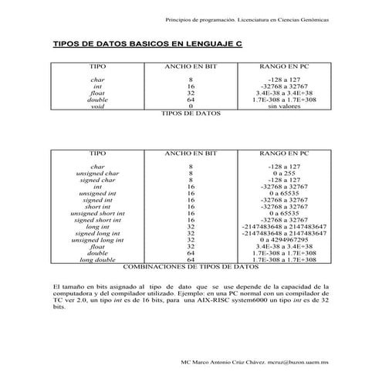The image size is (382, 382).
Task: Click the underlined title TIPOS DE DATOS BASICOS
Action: click(x=146, y=46)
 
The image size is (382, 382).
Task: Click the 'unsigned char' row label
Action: click(x=98, y=174)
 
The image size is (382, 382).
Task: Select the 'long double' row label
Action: click(x=98, y=259)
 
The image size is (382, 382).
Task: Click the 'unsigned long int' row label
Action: click(x=98, y=239)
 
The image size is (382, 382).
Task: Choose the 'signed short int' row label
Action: click(x=98, y=219)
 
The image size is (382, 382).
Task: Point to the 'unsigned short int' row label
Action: click(x=98, y=213)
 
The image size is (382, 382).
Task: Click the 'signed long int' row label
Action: click(x=98, y=232)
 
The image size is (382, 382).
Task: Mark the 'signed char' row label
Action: click(x=98, y=180)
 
